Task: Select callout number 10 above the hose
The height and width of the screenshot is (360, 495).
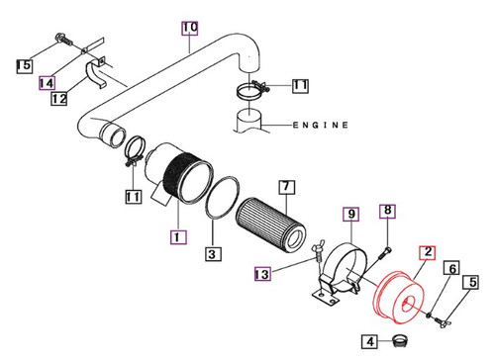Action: pos(190,26)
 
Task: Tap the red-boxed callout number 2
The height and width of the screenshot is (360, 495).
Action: pos(427,254)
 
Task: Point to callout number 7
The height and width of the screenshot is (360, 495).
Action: pos(284,186)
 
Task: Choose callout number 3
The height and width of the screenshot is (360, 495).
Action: pos(211,254)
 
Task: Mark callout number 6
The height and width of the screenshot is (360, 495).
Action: pos(450,268)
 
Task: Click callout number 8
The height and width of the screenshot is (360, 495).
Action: pos(388,210)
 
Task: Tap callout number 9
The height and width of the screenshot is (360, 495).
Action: pos(348,213)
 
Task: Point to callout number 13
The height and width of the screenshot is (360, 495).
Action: pos(260,274)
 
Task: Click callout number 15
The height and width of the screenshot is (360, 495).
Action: pos(24,65)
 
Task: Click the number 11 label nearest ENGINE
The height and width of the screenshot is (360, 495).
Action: pos(299,87)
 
